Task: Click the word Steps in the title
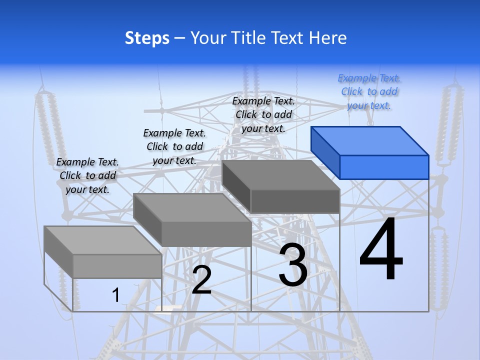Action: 147,38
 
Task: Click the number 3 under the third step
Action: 293,265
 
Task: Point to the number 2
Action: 201,280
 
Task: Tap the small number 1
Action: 115,295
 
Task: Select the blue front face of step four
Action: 384,167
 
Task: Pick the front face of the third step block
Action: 295,201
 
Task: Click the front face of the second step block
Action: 206,233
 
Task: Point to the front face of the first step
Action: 117,266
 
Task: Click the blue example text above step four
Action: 369,91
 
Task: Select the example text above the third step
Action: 263,114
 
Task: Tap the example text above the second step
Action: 174,146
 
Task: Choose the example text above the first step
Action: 87,175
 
